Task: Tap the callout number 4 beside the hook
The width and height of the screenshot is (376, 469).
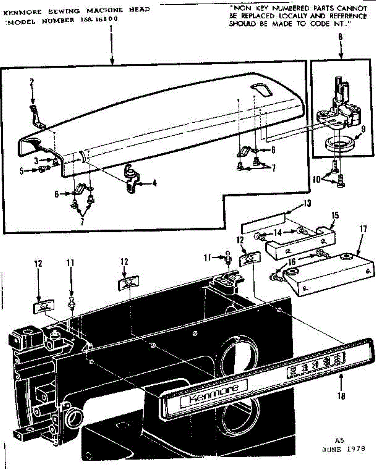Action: tap(155, 182)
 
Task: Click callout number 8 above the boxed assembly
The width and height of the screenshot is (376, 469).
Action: tap(340, 38)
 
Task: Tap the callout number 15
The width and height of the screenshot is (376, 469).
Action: tap(335, 215)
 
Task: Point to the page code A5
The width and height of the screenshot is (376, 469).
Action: tap(339, 439)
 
